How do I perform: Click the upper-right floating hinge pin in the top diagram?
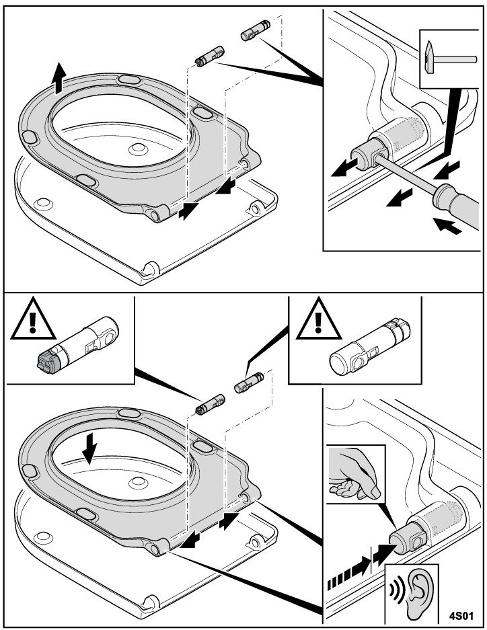click(x=254, y=32)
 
